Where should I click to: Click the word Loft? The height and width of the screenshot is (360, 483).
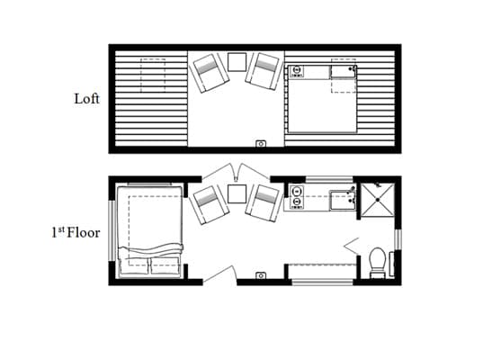[87, 99]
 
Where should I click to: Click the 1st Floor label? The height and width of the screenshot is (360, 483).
[76, 232]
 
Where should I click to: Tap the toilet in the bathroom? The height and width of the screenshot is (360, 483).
[378, 262]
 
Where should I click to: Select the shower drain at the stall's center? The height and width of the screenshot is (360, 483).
[378, 200]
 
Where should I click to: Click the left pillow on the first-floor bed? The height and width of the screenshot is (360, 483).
[134, 266]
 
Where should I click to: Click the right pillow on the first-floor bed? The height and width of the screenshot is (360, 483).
[165, 266]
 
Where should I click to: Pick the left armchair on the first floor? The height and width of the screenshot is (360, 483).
[210, 204]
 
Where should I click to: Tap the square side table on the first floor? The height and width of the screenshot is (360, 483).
[237, 193]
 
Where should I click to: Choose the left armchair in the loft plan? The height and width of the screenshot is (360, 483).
[210, 73]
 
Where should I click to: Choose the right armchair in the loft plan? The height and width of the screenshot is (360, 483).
[264, 71]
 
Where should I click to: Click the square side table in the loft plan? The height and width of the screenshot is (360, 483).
[237, 62]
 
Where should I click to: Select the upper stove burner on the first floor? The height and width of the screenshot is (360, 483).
[297, 192]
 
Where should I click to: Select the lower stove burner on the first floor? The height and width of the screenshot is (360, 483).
[297, 202]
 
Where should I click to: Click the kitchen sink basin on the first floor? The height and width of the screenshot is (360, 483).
[342, 201]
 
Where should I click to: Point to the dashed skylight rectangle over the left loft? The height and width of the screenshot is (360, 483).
[153, 76]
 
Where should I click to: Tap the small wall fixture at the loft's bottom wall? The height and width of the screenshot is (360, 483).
[261, 144]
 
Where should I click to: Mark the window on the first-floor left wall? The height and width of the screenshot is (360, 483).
[112, 231]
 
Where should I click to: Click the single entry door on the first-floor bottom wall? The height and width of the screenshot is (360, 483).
[219, 274]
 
